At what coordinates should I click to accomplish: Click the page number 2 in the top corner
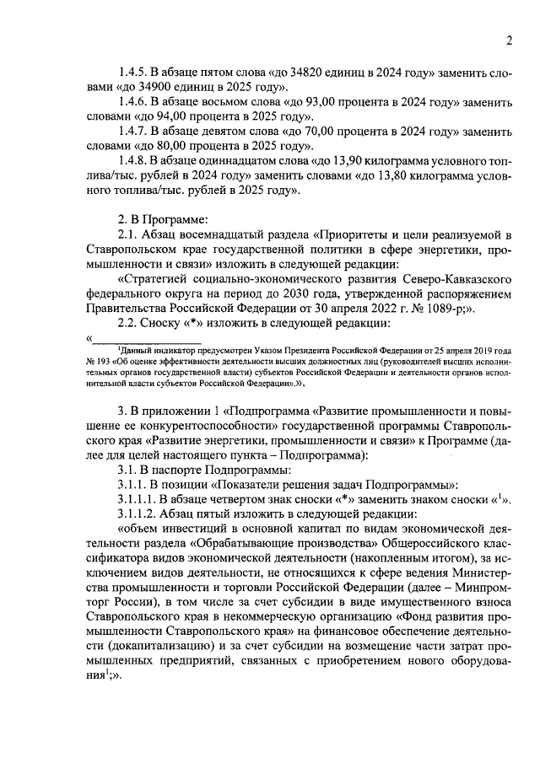click(x=509, y=40)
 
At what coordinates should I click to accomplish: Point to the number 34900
click(x=158, y=86)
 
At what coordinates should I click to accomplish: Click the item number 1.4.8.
click(x=134, y=160)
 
